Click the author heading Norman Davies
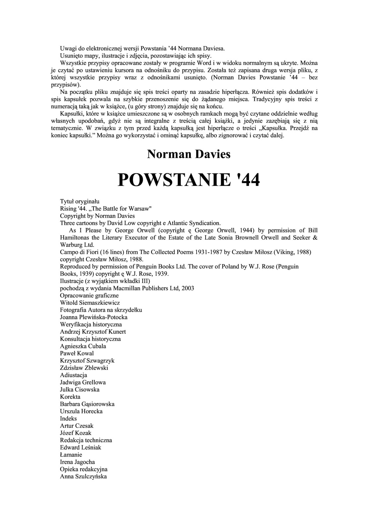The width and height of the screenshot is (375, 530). pos(189,154)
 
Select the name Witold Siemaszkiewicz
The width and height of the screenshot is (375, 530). pos(90,303)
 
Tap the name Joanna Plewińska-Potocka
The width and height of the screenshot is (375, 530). pos(94,317)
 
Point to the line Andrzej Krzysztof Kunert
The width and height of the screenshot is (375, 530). pos(93,332)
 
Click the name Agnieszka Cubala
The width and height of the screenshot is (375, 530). pos(83,346)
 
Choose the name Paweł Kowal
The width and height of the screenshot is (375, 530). pos(77,353)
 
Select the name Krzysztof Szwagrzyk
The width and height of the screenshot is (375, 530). pos(87,361)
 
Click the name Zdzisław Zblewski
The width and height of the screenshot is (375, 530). pos(84,368)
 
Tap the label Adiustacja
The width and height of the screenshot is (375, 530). pos(74,375)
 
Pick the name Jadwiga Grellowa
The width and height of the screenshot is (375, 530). pos(83,383)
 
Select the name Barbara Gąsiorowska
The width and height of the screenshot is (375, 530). pos(87,404)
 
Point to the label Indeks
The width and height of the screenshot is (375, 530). pos(68,419)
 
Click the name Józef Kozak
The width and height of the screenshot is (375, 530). pos(76,433)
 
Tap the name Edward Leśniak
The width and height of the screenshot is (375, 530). pos(81,448)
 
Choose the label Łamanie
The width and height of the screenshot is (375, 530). pos(71,455)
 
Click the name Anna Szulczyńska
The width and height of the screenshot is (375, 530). pos(83,477)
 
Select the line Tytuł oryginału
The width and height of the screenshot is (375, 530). pos(80,201)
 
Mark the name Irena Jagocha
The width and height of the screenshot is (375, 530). pos(77,462)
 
